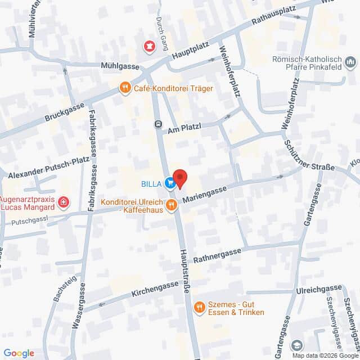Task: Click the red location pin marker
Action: click(x=179, y=178)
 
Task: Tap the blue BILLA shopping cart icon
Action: click(x=169, y=182)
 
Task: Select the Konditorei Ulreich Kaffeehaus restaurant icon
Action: click(x=171, y=206)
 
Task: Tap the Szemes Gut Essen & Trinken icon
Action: click(x=199, y=307)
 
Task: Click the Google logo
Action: click(x=19, y=353)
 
